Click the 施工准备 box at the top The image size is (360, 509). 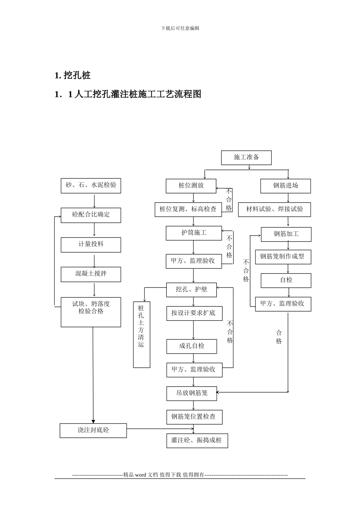point(246,158)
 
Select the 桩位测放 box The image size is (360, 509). point(191,186)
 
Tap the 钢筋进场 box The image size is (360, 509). point(285,186)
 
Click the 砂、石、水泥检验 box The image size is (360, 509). point(91,186)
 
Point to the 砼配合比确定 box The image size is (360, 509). point(91,215)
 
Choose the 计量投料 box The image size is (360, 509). point(91,245)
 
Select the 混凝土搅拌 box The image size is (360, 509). point(91,274)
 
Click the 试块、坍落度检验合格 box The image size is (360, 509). point(91,312)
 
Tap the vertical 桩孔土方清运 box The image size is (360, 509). point(141,334)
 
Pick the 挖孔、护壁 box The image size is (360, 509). point(192,290)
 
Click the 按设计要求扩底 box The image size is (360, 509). point(194,313)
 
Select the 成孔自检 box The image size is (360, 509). point(192,346)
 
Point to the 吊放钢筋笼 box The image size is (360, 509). point(192,393)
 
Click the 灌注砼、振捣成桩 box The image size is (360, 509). point(197,440)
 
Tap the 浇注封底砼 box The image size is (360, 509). point(93,431)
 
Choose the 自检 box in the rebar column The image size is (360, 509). point(286,280)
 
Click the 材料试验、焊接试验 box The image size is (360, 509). point(274,209)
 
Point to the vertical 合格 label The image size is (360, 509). point(279,337)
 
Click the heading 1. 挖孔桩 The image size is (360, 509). point(73,75)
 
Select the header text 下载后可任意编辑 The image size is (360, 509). point(180,28)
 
